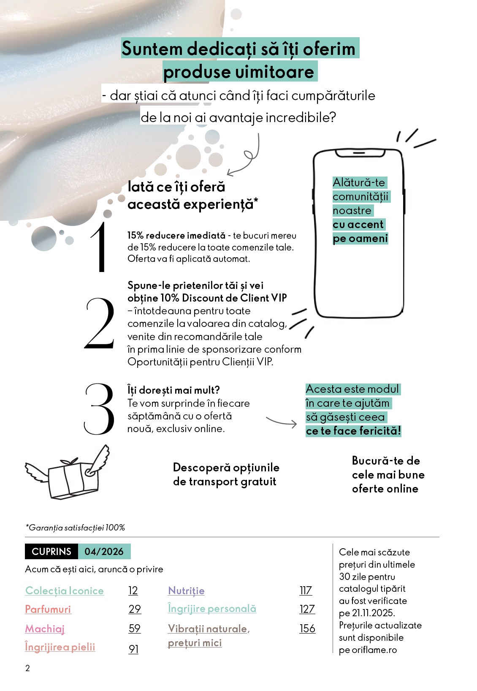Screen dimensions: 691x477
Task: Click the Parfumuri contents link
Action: click(48, 609)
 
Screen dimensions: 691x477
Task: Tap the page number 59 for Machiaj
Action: click(135, 628)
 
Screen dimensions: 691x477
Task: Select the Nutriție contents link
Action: click(186, 590)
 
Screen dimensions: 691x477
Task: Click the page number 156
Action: click(307, 628)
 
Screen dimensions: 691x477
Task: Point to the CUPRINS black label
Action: click(51, 552)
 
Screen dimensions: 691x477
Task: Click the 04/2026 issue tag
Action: click(104, 552)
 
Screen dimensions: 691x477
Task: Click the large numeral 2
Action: click(100, 324)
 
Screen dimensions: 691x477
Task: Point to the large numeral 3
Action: click(100, 409)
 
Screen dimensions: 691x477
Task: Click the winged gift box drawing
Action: click(68, 473)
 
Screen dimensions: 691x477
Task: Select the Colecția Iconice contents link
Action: click(64, 590)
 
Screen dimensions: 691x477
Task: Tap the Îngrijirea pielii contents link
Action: click(60, 647)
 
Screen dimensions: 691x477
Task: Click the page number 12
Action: click(133, 590)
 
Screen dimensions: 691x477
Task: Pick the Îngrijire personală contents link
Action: click(212, 609)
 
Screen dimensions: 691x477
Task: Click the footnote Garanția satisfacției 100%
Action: click(76, 528)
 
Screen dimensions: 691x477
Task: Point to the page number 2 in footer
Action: click(28, 668)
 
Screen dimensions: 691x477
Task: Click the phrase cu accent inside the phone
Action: click(358, 224)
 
